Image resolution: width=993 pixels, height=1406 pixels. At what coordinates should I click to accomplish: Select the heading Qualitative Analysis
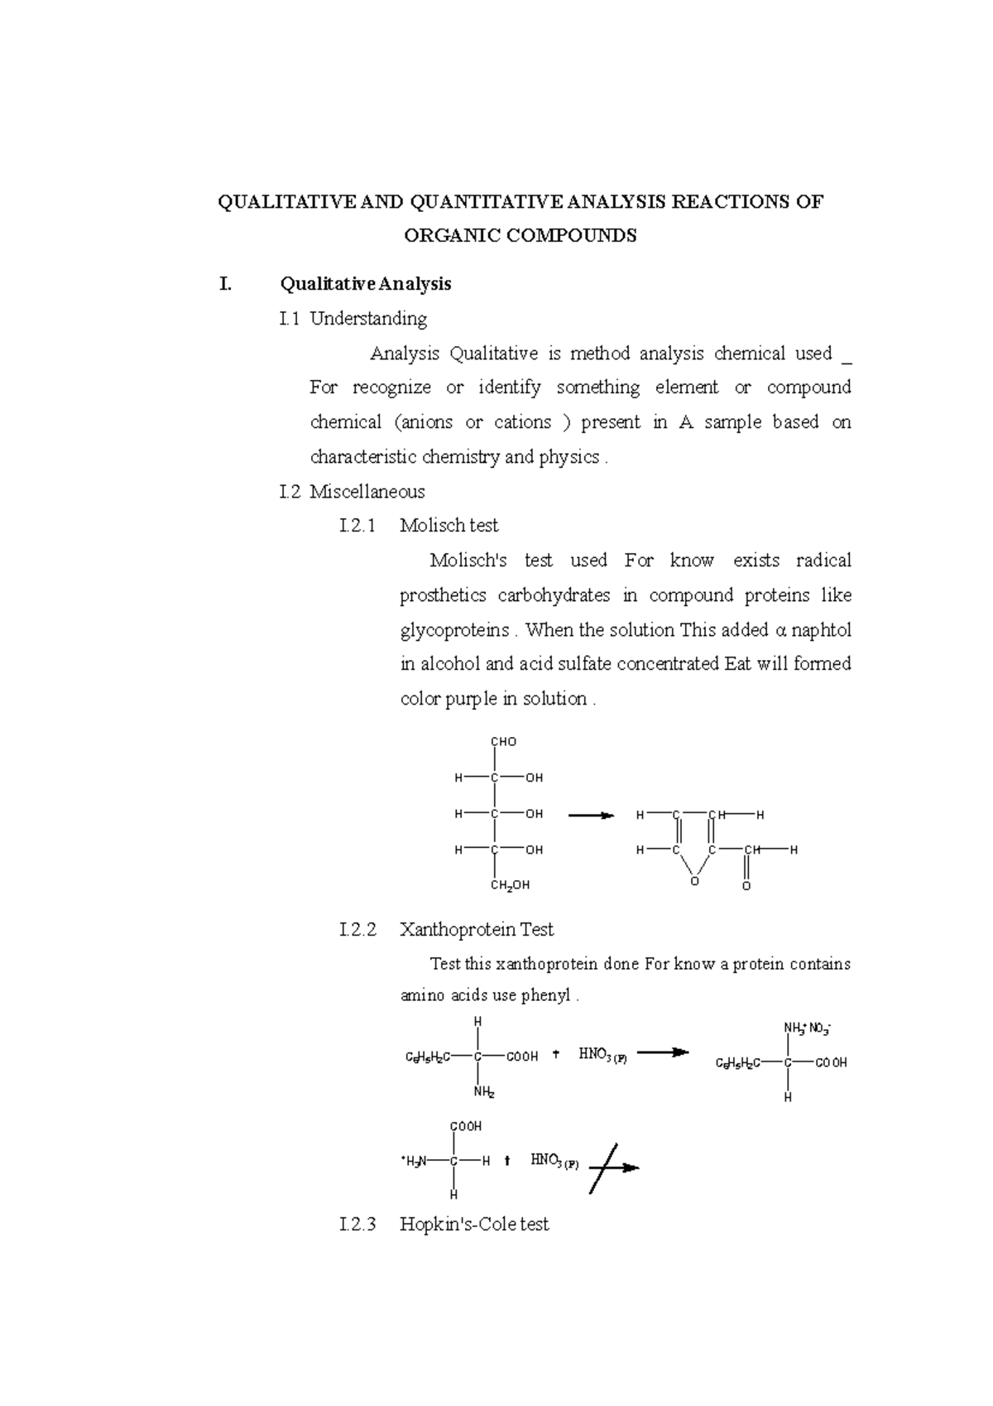(366, 284)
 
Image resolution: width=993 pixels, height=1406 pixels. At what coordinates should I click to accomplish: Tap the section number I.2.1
(357, 526)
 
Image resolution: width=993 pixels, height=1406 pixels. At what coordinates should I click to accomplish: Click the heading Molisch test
(449, 526)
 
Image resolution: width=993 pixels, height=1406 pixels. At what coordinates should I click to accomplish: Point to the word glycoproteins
(454, 630)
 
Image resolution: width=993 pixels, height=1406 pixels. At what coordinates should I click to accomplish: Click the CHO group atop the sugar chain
(503, 742)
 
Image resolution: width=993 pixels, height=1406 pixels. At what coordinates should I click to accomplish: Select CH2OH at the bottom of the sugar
(510, 885)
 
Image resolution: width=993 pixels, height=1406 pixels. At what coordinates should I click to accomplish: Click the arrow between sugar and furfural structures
(591, 816)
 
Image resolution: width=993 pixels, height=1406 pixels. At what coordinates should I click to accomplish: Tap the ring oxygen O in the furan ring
(694, 882)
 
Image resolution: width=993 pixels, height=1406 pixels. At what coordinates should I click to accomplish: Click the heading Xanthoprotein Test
(477, 930)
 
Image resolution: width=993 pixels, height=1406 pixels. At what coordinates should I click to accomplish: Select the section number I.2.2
(357, 930)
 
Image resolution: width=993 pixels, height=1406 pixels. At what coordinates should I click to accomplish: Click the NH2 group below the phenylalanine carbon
(484, 1092)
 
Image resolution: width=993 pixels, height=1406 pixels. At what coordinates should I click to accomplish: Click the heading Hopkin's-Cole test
(474, 1225)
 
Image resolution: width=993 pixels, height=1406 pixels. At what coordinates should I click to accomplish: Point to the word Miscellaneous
(367, 492)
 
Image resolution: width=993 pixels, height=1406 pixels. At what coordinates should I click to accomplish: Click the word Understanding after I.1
(368, 319)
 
